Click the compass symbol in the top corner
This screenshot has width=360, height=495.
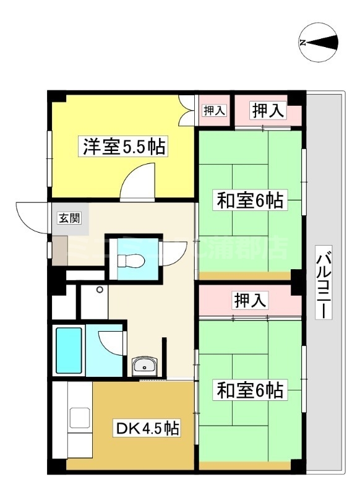(x=319, y=42)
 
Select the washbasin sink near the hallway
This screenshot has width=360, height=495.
(x=144, y=366)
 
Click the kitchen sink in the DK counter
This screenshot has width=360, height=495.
(x=79, y=419)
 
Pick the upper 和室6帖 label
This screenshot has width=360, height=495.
(x=249, y=200)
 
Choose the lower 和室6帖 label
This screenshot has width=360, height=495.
(x=249, y=390)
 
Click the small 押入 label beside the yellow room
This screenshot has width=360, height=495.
(x=214, y=111)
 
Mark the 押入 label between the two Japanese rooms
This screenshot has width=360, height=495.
(x=251, y=301)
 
